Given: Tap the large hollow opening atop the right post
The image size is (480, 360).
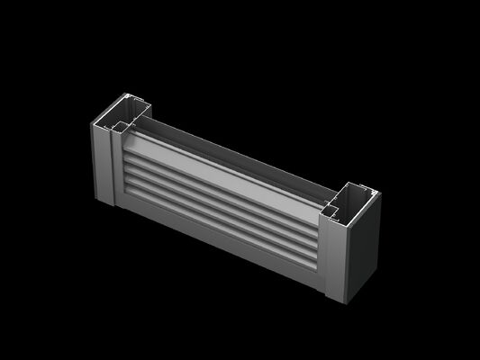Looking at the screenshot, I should pos(354,197).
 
